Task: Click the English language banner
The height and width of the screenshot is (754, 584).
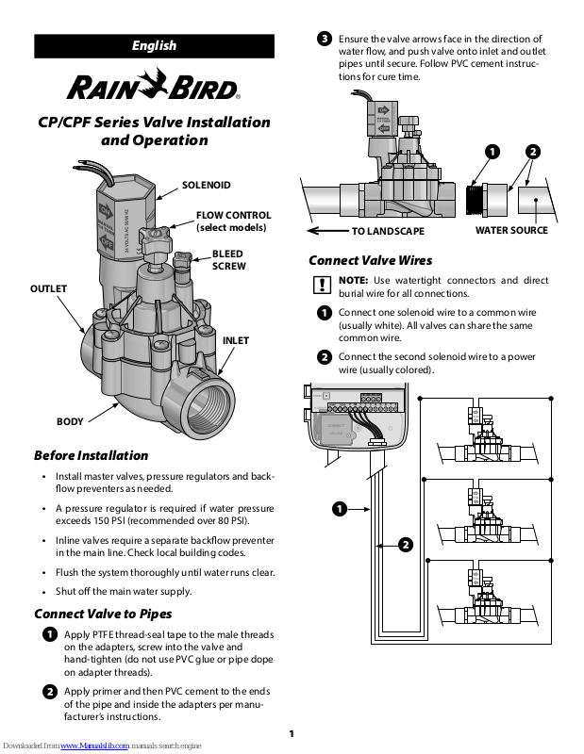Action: coord(154,45)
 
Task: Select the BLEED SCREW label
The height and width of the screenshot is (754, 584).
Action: coord(227,260)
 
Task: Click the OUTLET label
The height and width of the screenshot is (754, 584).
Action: coord(50,288)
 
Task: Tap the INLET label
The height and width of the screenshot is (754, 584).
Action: coord(235,340)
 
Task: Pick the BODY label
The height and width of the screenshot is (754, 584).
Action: coord(70,421)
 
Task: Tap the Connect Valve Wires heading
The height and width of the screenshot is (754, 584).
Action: coord(371,260)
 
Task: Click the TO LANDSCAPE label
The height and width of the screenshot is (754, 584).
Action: coord(388,231)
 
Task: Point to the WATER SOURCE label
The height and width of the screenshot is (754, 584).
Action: coord(511,230)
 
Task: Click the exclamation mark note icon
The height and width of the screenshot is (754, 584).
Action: coord(323,284)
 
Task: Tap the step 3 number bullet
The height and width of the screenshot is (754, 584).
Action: coord(324,39)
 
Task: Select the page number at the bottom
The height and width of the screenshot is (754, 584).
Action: coord(292,734)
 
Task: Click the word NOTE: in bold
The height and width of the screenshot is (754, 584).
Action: coord(354,280)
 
